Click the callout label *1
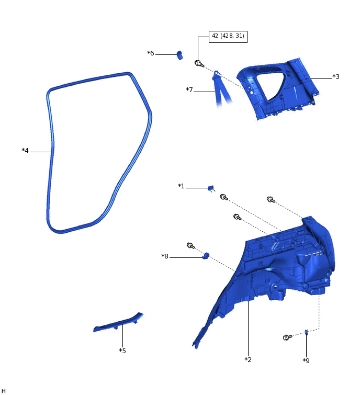click(181, 186)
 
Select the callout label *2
click(248, 359)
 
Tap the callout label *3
click(336, 77)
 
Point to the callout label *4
click(25, 151)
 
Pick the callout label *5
click(122, 351)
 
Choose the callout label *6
click(151, 53)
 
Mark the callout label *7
click(189, 90)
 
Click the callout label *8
click(165, 256)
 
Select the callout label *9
click(306, 360)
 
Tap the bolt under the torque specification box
click(199, 63)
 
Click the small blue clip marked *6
click(179, 54)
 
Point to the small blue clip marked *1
click(211, 188)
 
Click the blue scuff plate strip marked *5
click(118, 324)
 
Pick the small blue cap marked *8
click(206, 256)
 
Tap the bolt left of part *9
click(287, 337)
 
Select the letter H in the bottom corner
click(4, 390)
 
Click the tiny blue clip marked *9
click(307, 332)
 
